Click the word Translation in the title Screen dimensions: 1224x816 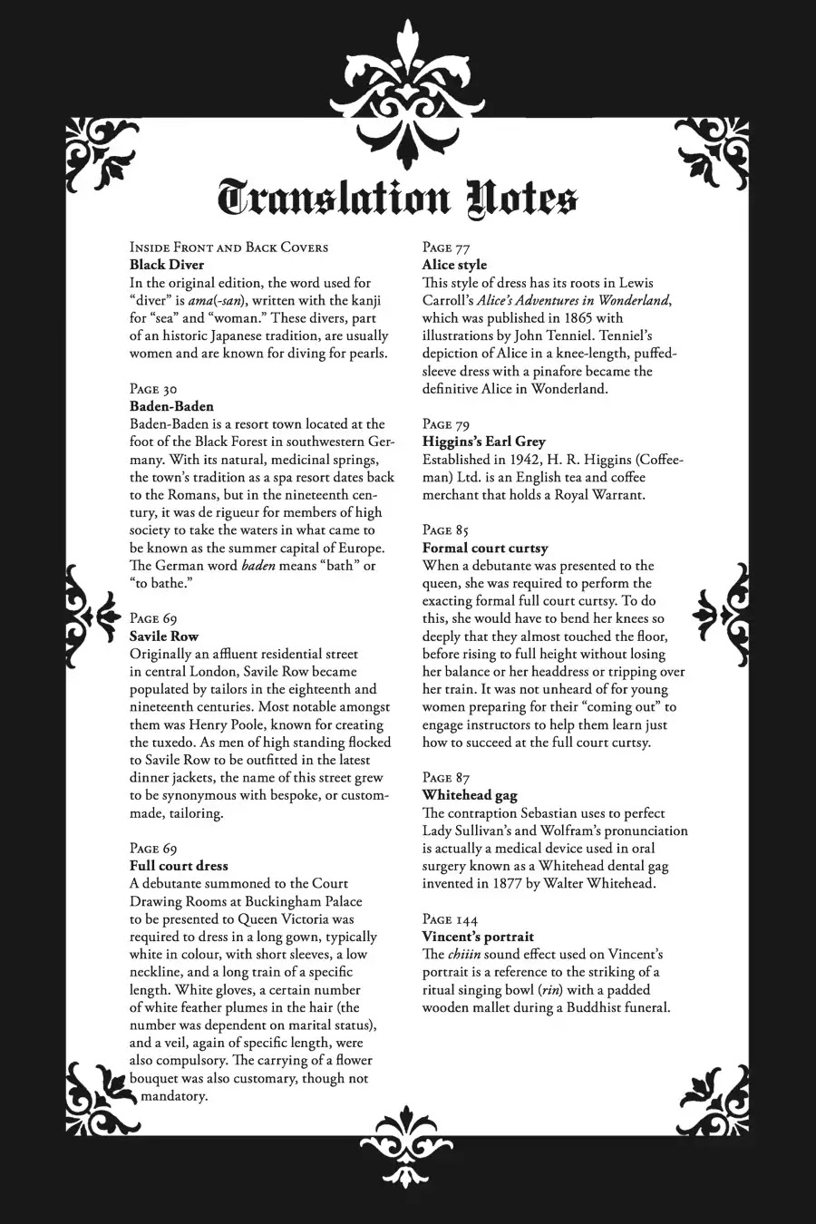[x=335, y=199]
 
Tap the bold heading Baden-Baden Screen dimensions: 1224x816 [x=171, y=406]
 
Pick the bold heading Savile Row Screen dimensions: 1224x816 [x=164, y=636]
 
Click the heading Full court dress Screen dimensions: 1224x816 [x=179, y=866]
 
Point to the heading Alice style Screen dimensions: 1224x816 [x=454, y=265]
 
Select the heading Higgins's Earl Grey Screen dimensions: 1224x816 [x=484, y=442]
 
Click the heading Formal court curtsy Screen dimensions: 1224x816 [x=485, y=548]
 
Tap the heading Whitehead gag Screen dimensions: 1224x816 [x=470, y=795]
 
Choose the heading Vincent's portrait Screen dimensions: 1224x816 [x=478, y=937]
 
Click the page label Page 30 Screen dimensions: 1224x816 [x=153, y=389]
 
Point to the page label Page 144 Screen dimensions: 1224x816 [x=450, y=919]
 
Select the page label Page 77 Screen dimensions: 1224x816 [x=446, y=248]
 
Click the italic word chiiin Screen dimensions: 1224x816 [x=464, y=955]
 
